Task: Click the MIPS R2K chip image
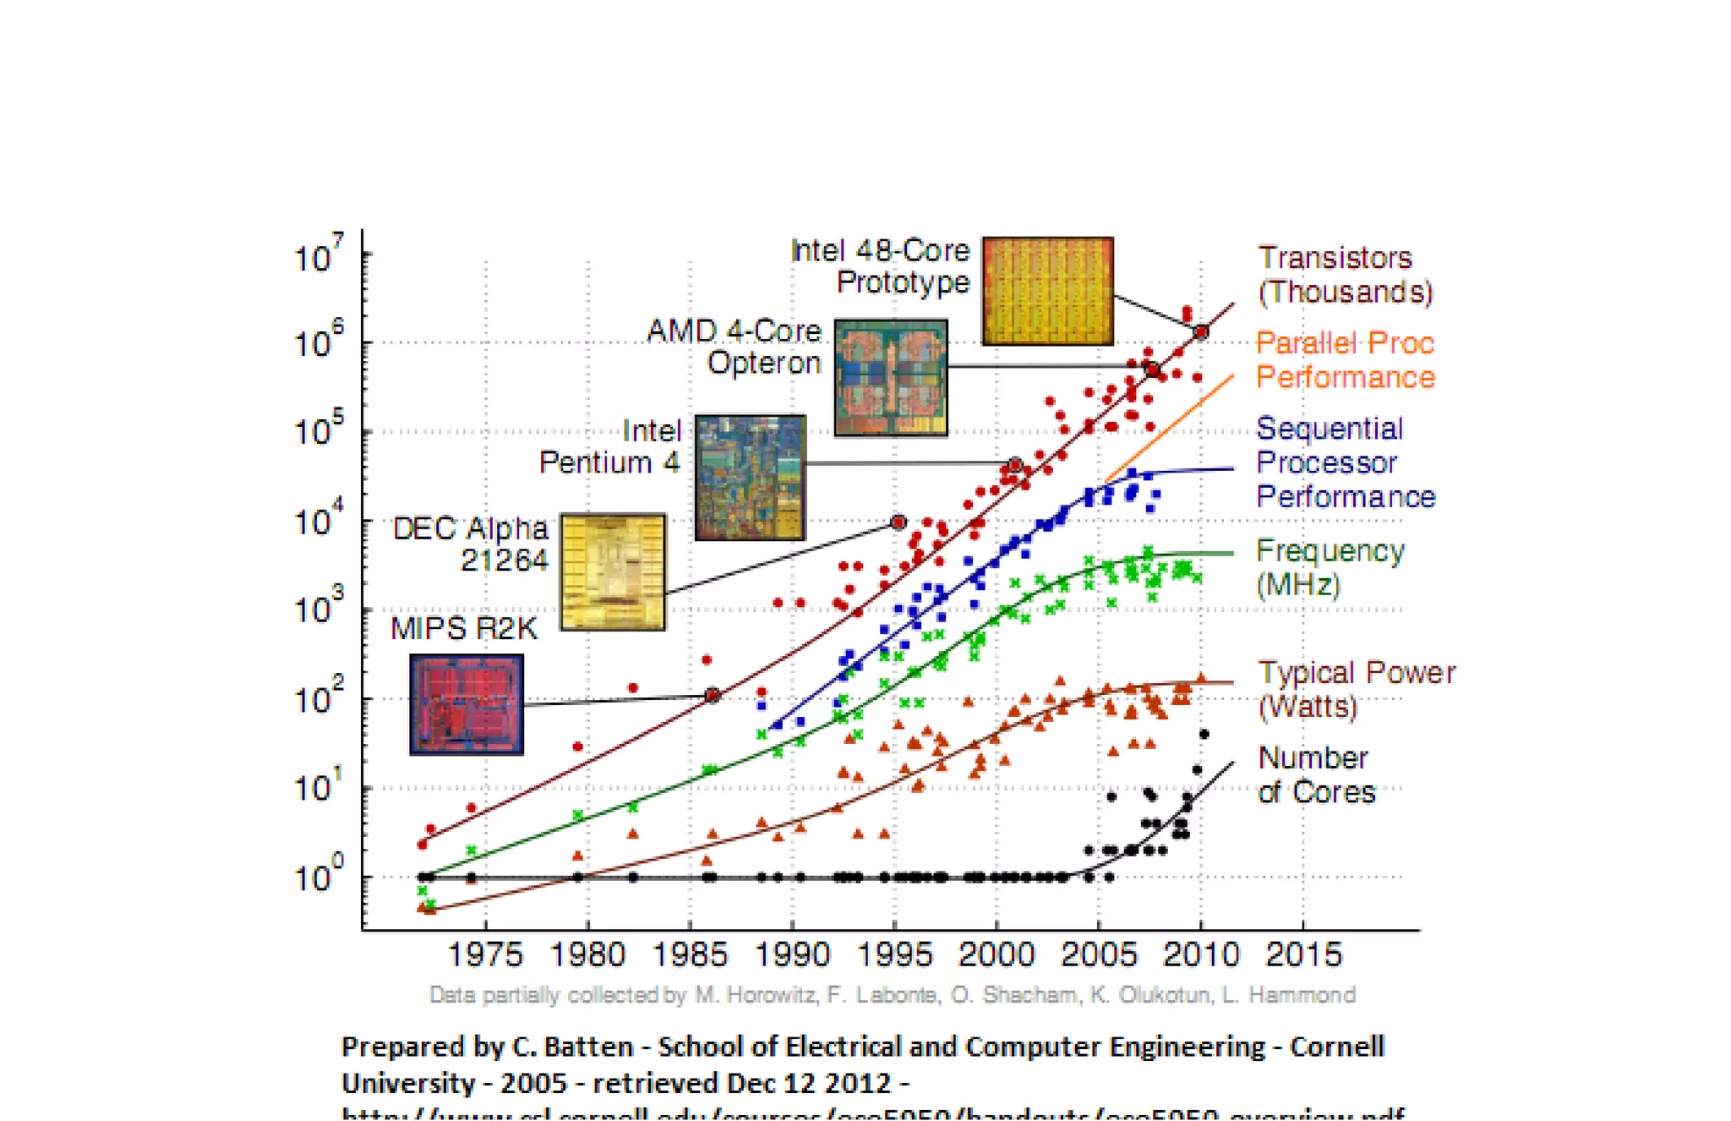pyautogui.click(x=467, y=704)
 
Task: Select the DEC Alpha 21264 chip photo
pyautogui.click(x=613, y=571)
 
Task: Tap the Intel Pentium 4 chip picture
pyautogui.click(x=750, y=478)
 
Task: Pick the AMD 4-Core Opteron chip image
pyautogui.click(x=891, y=377)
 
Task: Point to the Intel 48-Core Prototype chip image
pyautogui.click(x=1047, y=291)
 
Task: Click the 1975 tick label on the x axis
pyautogui.click(x=485, y=955)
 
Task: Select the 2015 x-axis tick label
pyautogui.click(x=1303, y=955)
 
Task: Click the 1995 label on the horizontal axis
pyautogui.click(x=894, y=955)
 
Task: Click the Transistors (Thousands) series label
pyautogui.click(x=1344, y=275)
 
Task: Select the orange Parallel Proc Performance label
pyautogui.click(x=1345, y=360)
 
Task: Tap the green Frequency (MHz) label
pyautogui.click(x=1330, y=567)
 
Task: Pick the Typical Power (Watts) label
pyautogui.click(x=1356, y=689)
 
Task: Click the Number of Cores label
pyautogui.click(x=1316, y=775)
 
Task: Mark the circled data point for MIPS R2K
pyautogui.click(x=713, y=695)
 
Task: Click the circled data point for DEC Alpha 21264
pyautogui.click(x=898, y=522)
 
